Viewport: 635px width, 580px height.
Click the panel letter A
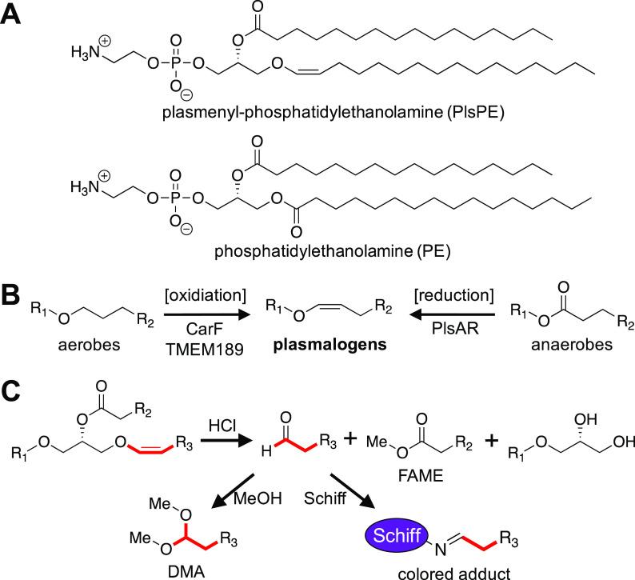[14, 15]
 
